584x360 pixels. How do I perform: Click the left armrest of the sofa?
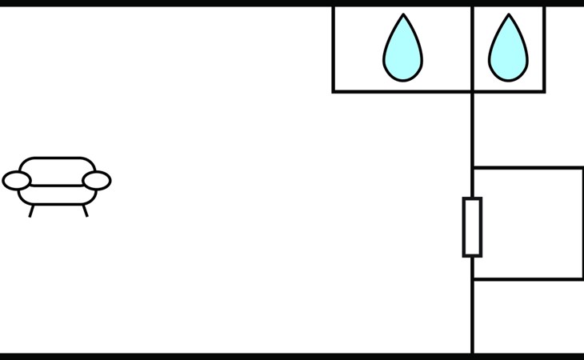click(16, 181)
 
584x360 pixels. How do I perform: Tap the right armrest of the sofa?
click(97, 181)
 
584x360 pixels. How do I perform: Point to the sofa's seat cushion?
click(57, 194)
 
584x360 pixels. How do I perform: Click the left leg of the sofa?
click(31, 211)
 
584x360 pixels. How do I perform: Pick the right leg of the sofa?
click(84, 211)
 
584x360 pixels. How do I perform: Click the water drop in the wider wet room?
click(402, 52)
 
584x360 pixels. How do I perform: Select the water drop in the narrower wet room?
click(508, 52)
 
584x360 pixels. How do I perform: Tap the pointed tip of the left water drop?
click(403, 16)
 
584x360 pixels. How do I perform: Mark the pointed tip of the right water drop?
click(508, 16)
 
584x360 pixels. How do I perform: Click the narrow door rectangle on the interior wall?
click(472, 226)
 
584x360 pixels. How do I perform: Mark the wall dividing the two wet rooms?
click(472, 48)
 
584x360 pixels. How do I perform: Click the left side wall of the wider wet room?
click(334, 48)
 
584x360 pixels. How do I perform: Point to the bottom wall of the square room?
click(528, 279)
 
